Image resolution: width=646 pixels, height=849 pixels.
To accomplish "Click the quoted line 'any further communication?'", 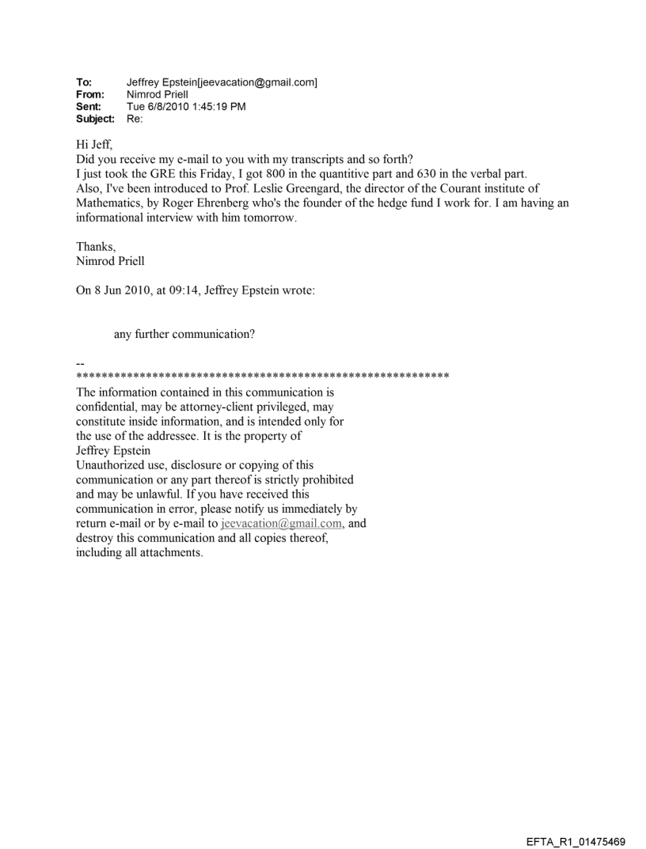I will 184,334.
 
